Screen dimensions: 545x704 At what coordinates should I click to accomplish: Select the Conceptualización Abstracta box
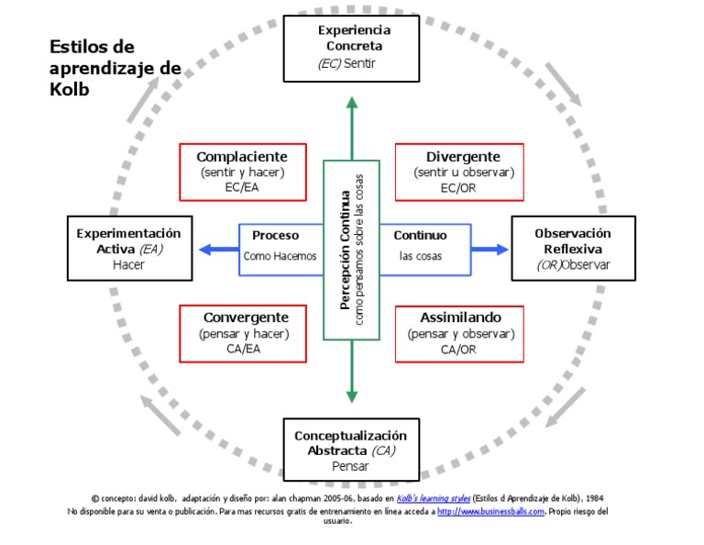click(x=350, y=450)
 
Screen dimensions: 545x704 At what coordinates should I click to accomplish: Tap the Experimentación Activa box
click(x=129, y=249)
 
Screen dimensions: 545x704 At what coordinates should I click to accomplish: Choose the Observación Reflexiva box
click(x=573, y=249)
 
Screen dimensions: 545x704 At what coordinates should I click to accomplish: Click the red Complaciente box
click(x=242, y=172)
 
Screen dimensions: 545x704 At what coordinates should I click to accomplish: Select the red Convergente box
click(x=242, y=333)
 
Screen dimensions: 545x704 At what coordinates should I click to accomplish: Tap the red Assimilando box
click(x=460, y=333)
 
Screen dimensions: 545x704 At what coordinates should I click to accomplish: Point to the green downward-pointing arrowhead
click(x=351, y=396)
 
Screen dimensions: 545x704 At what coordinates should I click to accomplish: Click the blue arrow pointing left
click(x=214, y=249)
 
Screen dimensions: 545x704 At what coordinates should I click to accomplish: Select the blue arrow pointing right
click(x=491, y=249)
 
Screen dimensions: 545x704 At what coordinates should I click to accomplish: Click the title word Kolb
click(x=69, y=91)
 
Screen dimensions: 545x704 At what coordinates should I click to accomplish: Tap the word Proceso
click(x=276, y=236)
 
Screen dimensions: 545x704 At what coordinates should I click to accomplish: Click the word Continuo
click(x=421, y=236)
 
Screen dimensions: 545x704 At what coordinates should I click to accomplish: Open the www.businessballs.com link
click(x=490, y=511)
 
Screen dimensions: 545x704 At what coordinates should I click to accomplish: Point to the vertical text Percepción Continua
click(x=345, y=250)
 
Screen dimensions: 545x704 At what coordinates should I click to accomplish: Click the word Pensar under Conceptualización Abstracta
click(x=350, y=466)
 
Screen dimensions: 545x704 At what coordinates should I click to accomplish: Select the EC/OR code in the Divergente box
click(x=458, y=188)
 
